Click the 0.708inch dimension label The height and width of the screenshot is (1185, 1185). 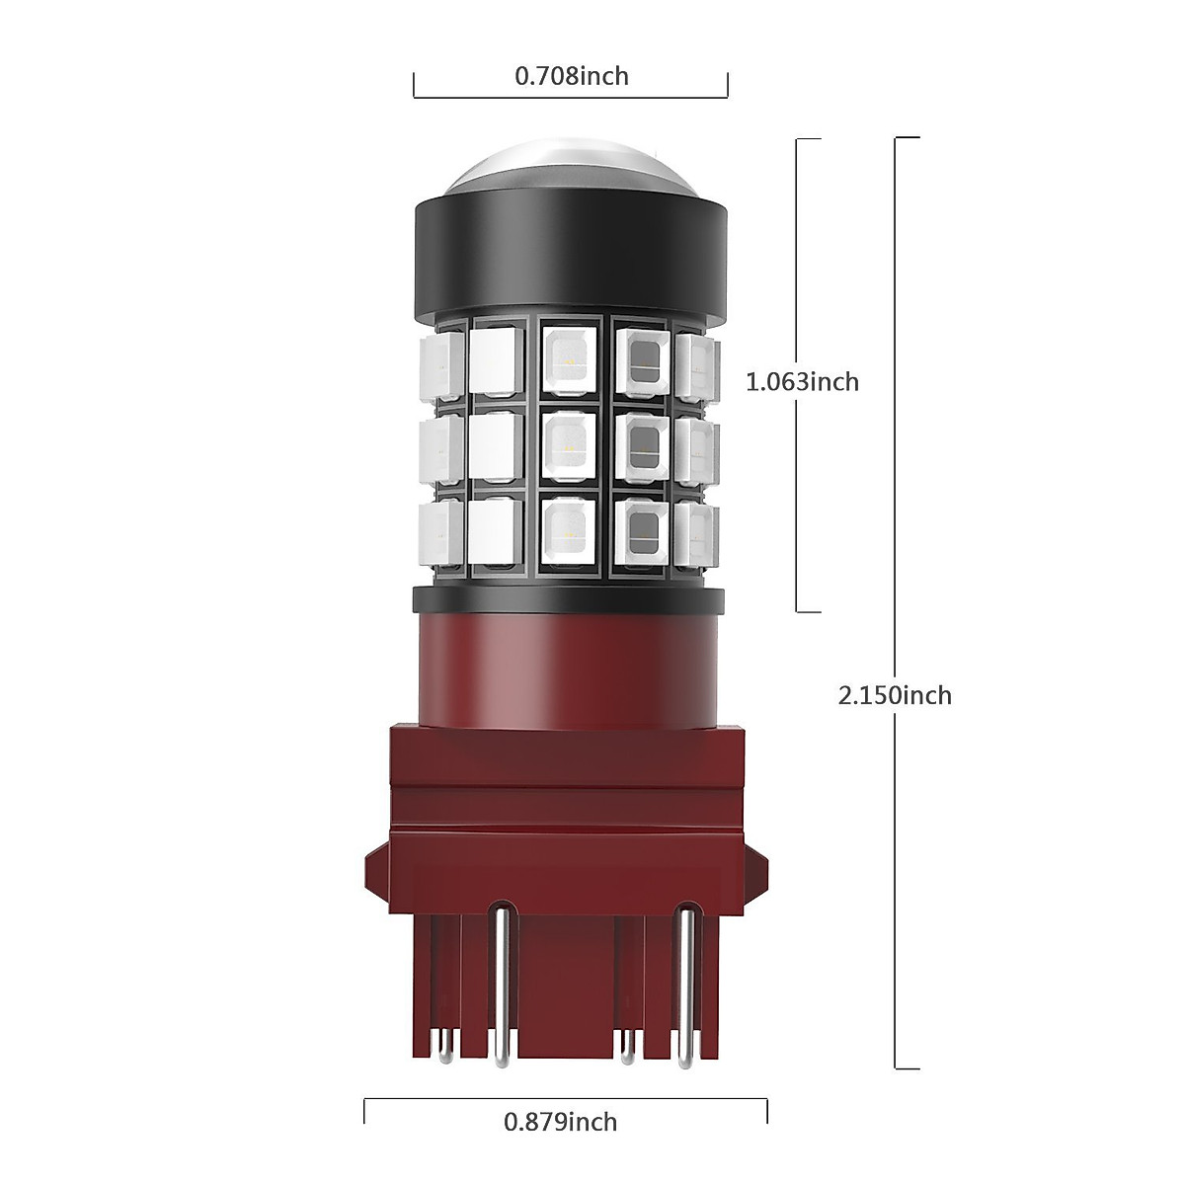[x=571, y=76]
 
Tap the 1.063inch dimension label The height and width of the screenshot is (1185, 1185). [x=802, y=381]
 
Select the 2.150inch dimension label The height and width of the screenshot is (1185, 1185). [x=895, y=695]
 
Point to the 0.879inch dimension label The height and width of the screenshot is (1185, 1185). [x=560, y=1122]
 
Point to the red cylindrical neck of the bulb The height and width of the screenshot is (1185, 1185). [x=570, y=667]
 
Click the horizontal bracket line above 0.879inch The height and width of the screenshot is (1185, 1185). [x=565, y=1097]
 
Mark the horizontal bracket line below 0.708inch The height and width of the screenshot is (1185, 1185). [x=570, y=97]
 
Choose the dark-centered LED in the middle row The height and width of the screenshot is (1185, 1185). [x=643, y=445]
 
